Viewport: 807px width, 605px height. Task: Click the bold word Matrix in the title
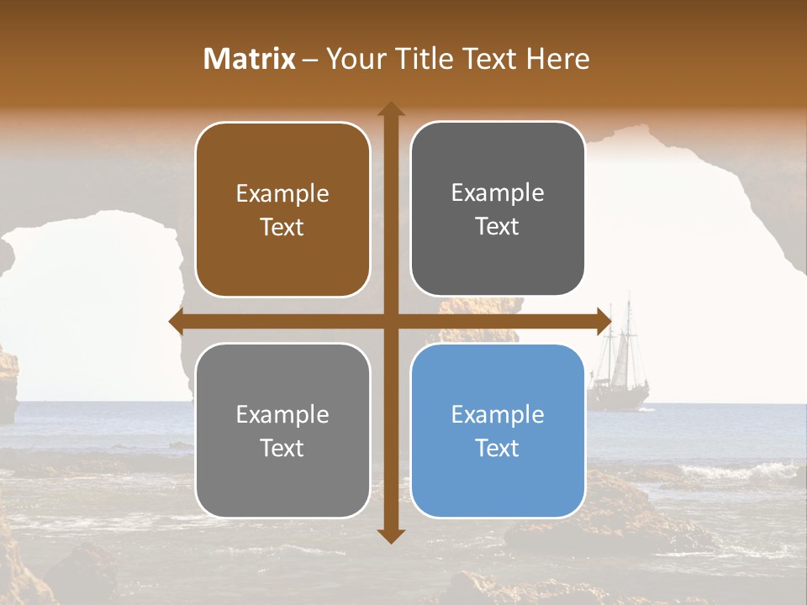tap(250, 59)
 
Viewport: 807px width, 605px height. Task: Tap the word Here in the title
tap(557, 59)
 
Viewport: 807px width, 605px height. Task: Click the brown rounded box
tap(282, 210)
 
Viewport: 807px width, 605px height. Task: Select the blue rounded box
tap(498, 430)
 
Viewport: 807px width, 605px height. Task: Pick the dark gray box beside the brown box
tap(498, 210)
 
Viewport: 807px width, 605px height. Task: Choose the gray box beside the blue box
tap(282, 430)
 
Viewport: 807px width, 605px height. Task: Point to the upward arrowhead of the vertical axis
tap(391, 110)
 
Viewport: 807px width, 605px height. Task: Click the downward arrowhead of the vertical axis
tap(391, 535)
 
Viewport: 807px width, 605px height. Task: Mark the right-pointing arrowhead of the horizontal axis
tap(604, 321)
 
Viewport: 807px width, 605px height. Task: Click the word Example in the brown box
tap(282, 194)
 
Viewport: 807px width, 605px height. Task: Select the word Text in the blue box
tap(498, 448)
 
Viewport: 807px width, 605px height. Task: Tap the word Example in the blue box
tap(498, 414)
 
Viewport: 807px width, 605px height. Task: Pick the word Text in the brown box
tap(282, 227)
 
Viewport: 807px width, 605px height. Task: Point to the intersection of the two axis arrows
tap(391, 321)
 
